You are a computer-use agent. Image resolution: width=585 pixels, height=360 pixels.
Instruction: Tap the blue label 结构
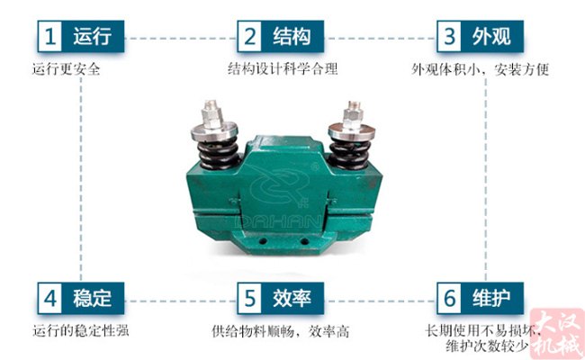click(x=293, y=37)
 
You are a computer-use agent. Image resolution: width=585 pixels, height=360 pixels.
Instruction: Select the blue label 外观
click(x=491, y=37)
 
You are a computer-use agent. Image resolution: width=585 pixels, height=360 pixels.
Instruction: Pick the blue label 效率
click(x=293, y=297)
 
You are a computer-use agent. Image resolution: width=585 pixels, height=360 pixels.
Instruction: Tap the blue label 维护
click(x=491, y=297)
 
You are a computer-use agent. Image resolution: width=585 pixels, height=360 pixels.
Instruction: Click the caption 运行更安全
click(x=66, y=68)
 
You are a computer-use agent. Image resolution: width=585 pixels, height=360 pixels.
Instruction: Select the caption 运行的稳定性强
click(x=80, y=329)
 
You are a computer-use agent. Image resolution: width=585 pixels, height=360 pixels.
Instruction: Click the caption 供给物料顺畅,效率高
click(x=280, y=329)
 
